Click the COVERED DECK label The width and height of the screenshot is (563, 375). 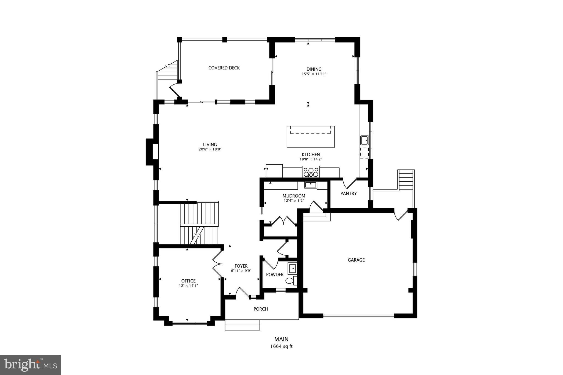(x=224, y=68)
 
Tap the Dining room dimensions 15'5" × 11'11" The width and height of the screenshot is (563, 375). (x=314, y=74)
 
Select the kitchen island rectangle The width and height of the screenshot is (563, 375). (x=311, y=137)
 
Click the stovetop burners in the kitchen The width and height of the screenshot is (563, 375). (x=311, y=172)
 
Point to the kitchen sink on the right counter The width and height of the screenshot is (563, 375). (x=365, y=140)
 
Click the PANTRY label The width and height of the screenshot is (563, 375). (x=348, y=193)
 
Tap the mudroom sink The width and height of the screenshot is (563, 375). (x=311, y=185)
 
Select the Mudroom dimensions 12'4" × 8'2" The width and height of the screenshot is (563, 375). (x=294, y=201)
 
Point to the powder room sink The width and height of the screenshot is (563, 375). (x=292, y=268)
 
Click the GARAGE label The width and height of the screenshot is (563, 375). (x=356, y=260)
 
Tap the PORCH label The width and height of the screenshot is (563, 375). (x=261, y=309)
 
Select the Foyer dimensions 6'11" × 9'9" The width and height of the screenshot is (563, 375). (x=241, y=271)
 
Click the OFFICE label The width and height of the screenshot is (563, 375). (x=188, y=281)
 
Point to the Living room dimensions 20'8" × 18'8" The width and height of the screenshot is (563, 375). (x=210, y=149)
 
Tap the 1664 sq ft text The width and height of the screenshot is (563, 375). (x=281, y=346)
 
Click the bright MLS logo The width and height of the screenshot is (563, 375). (x=31, y=365)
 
